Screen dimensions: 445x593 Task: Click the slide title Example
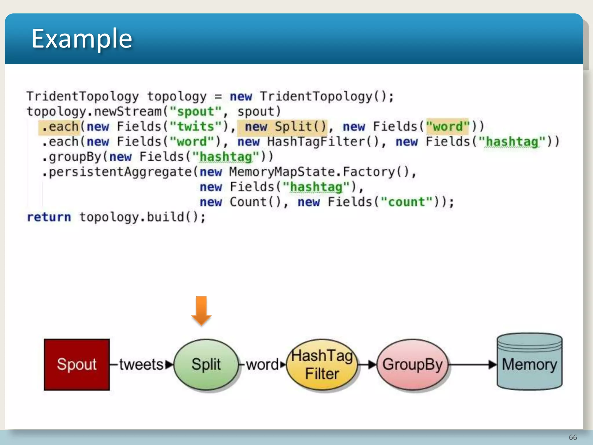pos(82,39)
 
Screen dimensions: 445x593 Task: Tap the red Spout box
pos(77,364)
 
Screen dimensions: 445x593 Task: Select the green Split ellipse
pos(206,364)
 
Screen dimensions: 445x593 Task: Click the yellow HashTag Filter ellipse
pos(322,364)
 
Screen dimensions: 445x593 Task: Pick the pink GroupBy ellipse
pos(412,364)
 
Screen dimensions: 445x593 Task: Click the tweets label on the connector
pos(141,364)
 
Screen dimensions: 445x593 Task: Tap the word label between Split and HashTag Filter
pos(262,364)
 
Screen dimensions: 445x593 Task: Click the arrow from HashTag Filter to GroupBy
pos(367,364)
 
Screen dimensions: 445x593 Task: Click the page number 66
pos(573,437)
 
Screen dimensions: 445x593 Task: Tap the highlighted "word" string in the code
pos(448,127)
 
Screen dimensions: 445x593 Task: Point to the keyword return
pos(49,217)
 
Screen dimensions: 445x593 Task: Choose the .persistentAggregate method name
pos(117,172)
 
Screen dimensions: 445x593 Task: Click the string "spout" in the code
pos(196,112)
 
